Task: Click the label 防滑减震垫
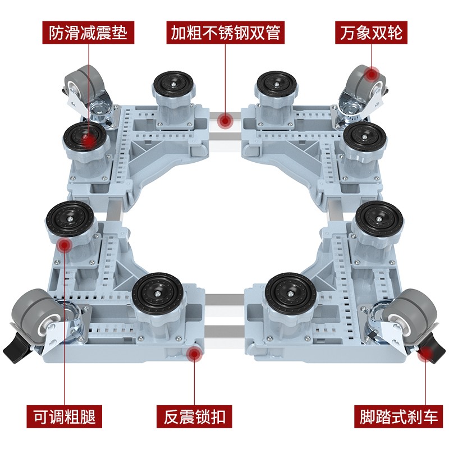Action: [x=88, y=33]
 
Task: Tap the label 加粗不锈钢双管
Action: [x=226, y=33]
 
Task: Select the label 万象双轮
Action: [x=371, y=33]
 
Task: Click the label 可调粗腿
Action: [x=64, y=416]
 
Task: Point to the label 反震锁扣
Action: [x=194, y=416]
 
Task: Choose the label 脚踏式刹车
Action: [x=398, y=416]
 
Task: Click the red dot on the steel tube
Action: [x=226, y=121]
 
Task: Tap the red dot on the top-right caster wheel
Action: [x=372, y=75]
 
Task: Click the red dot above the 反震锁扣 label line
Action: [x=194, y=354]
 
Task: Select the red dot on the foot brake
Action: [x=426, y=354]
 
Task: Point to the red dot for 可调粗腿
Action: [x=65, y=245]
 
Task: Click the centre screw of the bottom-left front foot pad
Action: [x=158, y=294]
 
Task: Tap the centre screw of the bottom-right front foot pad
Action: [x=291, y=294]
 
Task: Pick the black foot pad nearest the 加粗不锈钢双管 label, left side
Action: [x=173, y=84]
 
